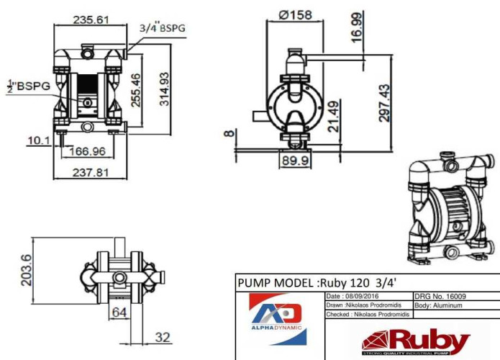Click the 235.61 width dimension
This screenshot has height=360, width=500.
coord(91,19)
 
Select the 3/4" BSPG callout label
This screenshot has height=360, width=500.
coord(161,28)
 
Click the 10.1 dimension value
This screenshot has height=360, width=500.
coord(37,140)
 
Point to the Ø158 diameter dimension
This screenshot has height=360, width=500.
coord(295,14)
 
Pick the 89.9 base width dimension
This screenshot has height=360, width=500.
coord(296,160)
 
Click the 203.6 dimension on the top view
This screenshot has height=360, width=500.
coord(27,269)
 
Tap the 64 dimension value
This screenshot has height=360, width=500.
coord(119,312)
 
